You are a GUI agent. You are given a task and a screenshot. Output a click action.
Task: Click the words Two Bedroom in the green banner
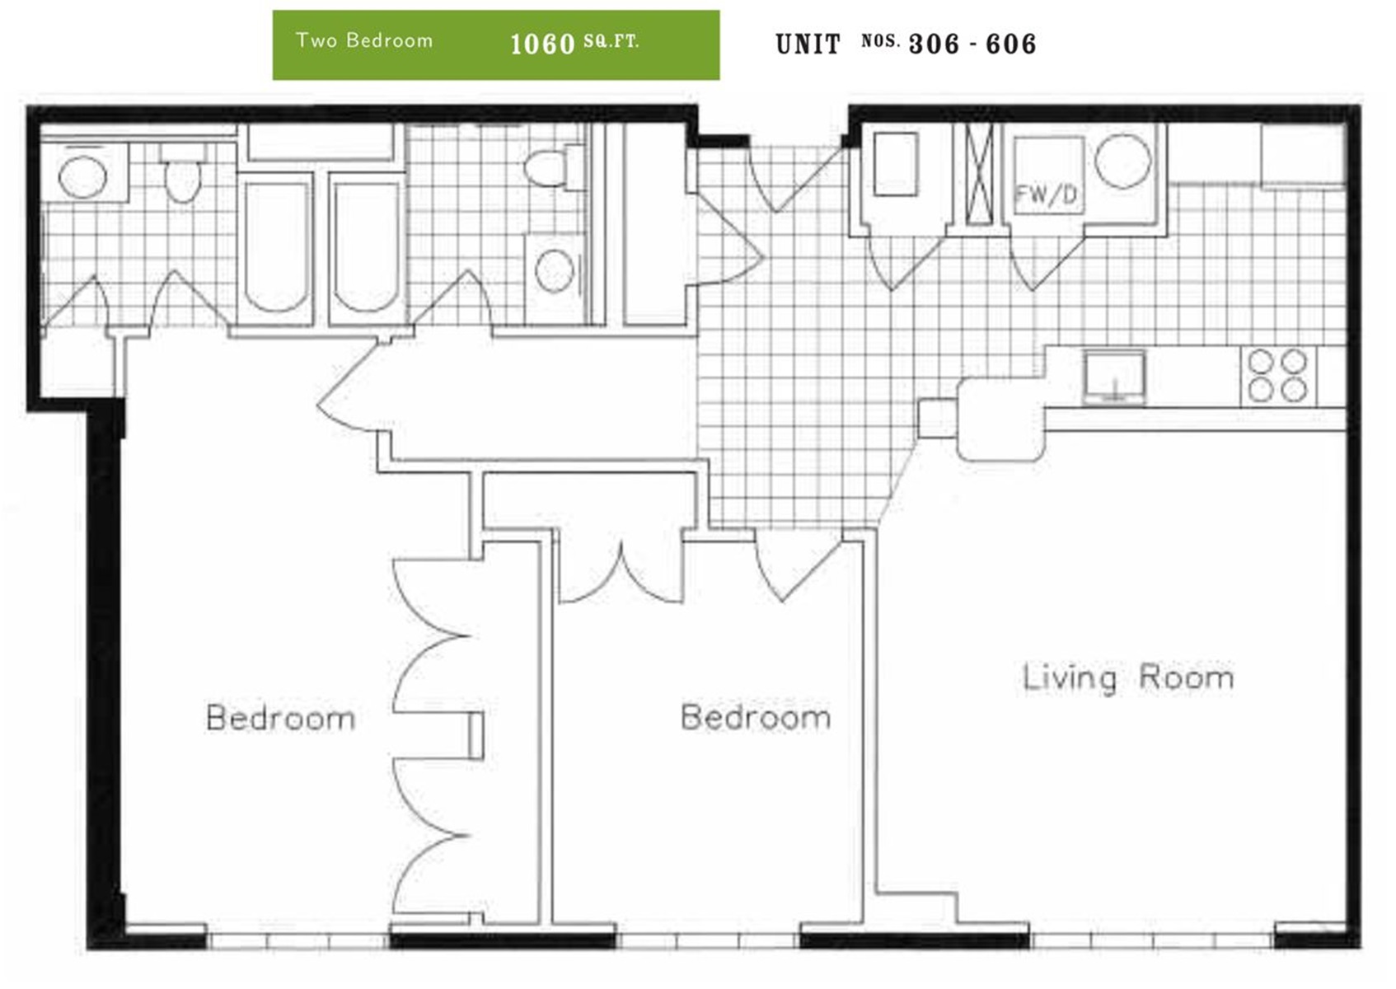pos(364,40)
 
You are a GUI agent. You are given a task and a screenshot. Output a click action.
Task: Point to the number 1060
pos(542,45)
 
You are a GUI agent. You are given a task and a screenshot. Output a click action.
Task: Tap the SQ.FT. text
pos(611,42)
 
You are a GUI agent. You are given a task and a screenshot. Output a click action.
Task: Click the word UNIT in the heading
pos(808,45)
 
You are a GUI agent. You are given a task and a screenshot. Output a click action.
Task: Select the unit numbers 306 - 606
pos(973,45)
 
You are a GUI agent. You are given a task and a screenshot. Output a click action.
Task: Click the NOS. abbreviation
pos(881,41)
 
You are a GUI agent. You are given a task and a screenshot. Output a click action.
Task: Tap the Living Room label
pos(1128,678)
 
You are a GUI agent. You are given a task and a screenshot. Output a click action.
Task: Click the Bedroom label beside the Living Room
pos(756,717)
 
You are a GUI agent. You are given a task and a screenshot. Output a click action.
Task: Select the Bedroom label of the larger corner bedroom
pos(280,718)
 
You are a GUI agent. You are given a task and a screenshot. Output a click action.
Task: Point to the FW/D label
pos(1047,195)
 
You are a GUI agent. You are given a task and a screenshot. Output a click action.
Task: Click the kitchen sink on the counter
pos(1114,377)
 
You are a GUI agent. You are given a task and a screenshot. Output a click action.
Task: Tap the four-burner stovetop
pos(1278,376)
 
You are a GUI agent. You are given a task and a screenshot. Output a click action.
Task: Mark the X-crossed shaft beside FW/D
pos(979,173)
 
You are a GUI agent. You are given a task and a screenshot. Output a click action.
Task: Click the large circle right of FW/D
pos(1123,161)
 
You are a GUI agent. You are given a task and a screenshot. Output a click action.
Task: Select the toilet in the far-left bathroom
pos(182,172)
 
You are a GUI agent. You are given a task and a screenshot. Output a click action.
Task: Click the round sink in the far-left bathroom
pos(82,177)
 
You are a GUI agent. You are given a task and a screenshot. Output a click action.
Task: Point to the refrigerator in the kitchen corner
pos(1303,155)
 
